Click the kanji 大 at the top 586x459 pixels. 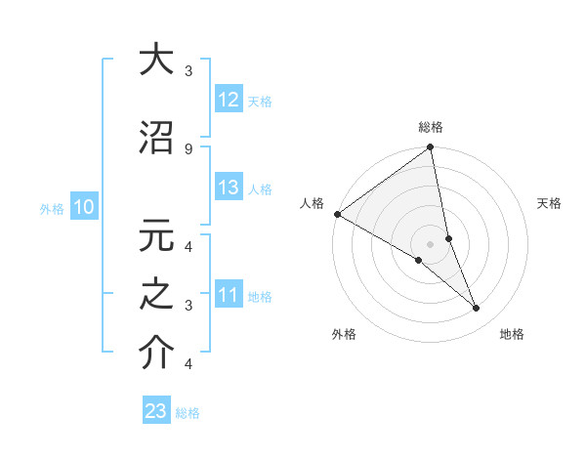coord(156,60)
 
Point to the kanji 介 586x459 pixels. coord(156,353)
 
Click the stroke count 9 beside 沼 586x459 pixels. coord(188,148)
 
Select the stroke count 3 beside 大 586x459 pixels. coord(188,71)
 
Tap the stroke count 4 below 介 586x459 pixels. coord(188,364)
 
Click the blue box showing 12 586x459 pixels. coord(228,100)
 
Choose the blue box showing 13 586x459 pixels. coord(228,188)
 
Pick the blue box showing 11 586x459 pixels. coord(228,295)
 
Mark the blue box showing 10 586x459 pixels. coord(83,207)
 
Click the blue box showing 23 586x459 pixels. coord(156,411)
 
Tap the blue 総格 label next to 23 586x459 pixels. coord(188,413)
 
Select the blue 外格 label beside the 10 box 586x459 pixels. coord(51,208)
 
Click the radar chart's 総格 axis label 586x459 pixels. coord(431,127)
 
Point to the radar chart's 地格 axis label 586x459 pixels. coord(512,334)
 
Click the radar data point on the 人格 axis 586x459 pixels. coord(337,214)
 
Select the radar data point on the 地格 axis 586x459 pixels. coord(477,309)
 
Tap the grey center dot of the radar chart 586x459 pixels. coord(431,244)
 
